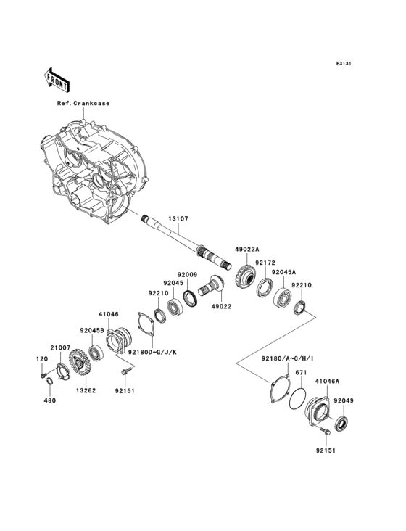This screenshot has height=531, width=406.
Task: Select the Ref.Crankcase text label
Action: (83, 103)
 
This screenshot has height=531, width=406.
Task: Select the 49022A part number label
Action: (246, 249)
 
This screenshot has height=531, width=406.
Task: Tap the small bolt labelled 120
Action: (42, 375)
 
